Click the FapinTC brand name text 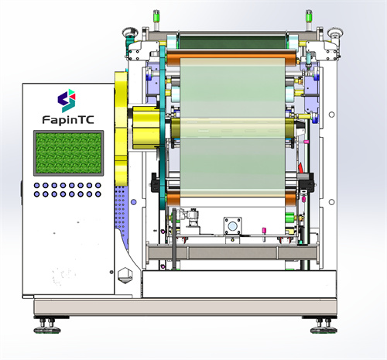68,120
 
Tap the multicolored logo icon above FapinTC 67,101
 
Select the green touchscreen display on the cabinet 68,153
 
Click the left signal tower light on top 156,19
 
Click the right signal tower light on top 309,19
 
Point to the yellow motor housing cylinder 146,128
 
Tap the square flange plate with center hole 232,226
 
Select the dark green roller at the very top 233,40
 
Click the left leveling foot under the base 47,326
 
